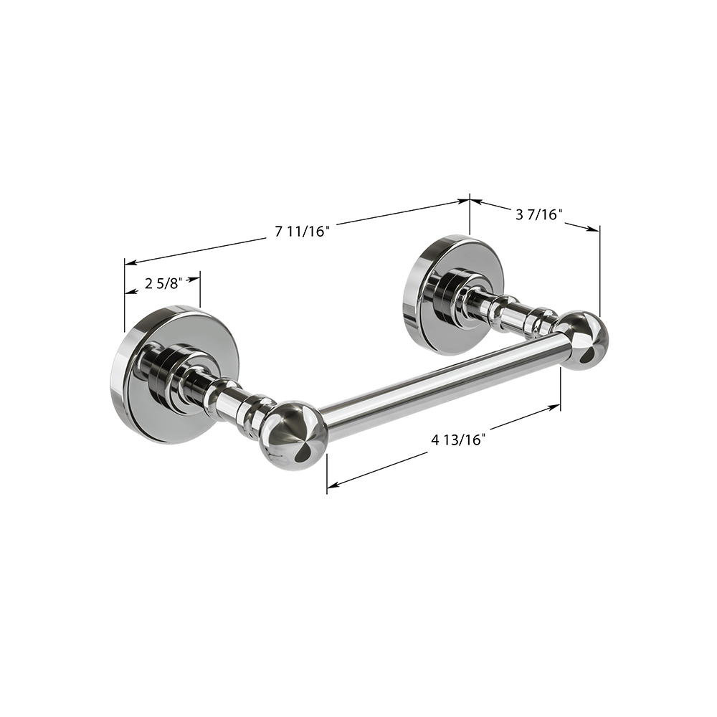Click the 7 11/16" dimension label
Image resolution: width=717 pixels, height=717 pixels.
click(x=303, y=232)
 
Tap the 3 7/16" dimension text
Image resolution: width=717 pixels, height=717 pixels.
click(x=538, y=214)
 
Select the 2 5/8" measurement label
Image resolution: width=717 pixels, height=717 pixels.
click(x=163, y=284)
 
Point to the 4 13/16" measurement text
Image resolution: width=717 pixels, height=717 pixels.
click(x=457, y=440)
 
